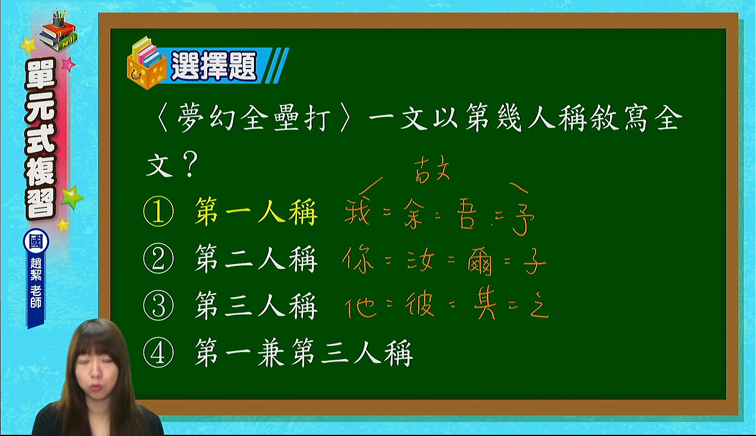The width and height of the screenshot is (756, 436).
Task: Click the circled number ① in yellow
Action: tap(158, 212)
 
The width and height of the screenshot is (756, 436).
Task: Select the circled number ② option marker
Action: tap(158, 258)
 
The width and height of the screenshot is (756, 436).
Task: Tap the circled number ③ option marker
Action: tap(158, 305)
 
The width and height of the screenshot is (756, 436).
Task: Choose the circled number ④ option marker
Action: tap(158, 353)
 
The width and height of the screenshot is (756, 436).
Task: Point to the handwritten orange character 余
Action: tap(413, 213)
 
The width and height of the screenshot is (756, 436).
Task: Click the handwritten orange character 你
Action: tap(358, 259)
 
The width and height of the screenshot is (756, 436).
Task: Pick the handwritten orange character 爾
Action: tap(480, 262)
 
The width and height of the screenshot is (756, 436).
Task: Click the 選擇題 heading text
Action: tap(214, 66)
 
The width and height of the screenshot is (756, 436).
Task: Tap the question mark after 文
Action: tap(190, 164)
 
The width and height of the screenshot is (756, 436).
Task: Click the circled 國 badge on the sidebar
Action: tap(36, 241)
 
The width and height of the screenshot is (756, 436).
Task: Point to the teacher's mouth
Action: tap(96, 387)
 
